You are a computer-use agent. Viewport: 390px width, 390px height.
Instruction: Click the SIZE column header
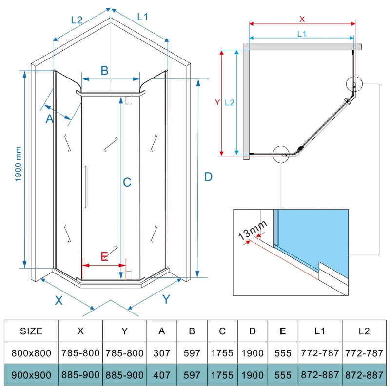(31, 331)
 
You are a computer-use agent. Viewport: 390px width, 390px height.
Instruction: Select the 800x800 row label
(31, 353)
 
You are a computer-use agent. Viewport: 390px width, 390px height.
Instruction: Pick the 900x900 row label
(31, 375)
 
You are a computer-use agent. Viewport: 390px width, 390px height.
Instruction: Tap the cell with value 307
(162, 353)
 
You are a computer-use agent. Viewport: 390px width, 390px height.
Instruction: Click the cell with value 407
(162, 375)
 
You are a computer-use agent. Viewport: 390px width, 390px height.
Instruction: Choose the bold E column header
(282, 331)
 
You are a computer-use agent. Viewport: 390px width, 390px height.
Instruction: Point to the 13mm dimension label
(253, 229)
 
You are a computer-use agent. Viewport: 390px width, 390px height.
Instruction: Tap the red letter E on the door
(104, 256)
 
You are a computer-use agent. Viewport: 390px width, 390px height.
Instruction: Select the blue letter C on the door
(127, 182)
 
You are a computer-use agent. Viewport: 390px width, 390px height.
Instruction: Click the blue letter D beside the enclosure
(208, 177)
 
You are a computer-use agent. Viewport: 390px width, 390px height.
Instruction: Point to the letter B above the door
(104, 71)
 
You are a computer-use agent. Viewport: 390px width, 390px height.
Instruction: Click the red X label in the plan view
(302, 19)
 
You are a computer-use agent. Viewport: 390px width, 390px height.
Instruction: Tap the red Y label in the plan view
(217, 102)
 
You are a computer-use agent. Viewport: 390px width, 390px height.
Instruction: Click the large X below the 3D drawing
(59, 300)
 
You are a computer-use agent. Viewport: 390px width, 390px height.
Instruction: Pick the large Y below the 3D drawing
(166, 299)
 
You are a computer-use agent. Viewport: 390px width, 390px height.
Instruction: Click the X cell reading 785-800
(81, 353)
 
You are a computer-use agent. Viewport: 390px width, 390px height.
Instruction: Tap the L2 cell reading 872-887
(364, 375)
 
